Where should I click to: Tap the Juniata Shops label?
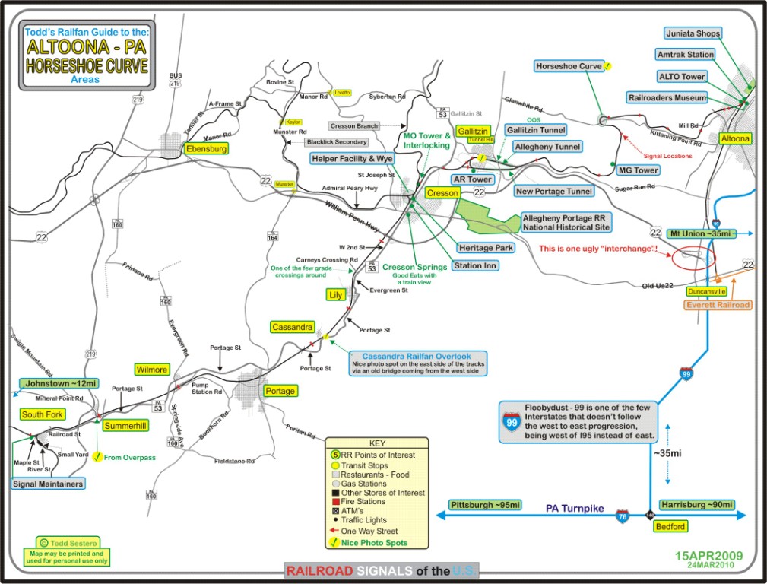pyautogui.click(x=693, y=33)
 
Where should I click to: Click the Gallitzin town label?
pyautogui.click(x=473, y=132)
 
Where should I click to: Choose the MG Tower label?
pyautogui.click(x=638, y=170)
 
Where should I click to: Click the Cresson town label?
pyautogui.click(x=442, y=193)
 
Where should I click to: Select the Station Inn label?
pyautogui.click(x=475, y=265)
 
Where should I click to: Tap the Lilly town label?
pyautogui.click(x=335, y=294)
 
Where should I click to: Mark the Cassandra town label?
pyautogui.click(x=292, y=327)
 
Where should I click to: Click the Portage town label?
pyautogui.click(x=279, y=391)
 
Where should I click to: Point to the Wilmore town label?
pyautogui.click(x=151, y=370)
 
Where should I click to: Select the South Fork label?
pyautogui.click(x=43, y=414)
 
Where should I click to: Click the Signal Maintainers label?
pyautogui.click(x=48, y=484)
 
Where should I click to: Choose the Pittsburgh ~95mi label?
pyautogui.click(x=485, y=505)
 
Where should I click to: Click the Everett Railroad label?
pyautogui.click(x=718, y=305)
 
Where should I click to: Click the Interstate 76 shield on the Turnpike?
pyautogui.click(x=623, y=516)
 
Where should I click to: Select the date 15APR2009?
pyautogui.click(x=708, y=556)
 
